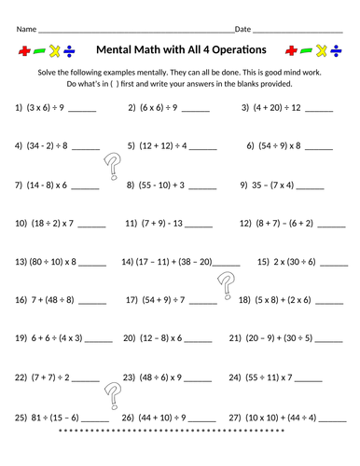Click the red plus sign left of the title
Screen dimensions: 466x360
click(26, 49)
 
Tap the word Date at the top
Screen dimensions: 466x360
click(242, 30)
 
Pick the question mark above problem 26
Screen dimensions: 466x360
click(114, 397)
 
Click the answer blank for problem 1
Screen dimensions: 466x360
click(82, 109)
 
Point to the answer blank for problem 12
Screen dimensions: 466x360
click(327, 225)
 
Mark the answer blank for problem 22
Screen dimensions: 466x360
click(84, 380)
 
